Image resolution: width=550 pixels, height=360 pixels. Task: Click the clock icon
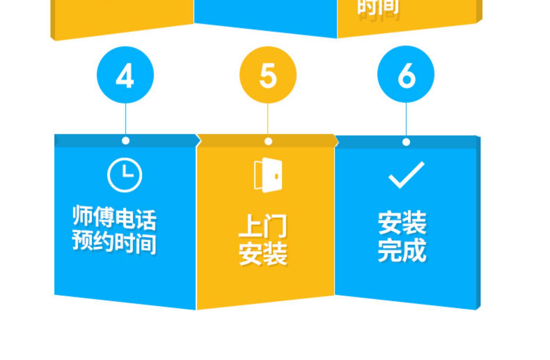(125, 175)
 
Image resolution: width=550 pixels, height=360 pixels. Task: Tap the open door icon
(268, 175)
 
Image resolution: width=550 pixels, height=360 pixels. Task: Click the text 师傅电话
(114, 218)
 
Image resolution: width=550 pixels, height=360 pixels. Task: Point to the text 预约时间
(114, 242)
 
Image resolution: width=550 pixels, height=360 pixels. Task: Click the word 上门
(263, 227)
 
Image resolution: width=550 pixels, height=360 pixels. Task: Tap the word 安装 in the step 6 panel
(402, 223)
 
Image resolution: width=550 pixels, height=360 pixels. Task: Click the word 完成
(402, 250)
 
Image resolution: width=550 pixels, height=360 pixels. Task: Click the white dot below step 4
(125, 141)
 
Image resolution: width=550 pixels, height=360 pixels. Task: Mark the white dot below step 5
(268, 142)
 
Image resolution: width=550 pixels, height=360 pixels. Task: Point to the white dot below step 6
(406, 142)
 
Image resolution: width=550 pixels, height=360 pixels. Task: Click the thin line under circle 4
(125, 119)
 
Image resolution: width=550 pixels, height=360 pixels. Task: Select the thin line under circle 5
(268, 119)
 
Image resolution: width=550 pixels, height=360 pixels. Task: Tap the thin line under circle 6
(406, 119)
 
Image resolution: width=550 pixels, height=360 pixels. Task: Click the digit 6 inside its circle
(406, 75)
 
